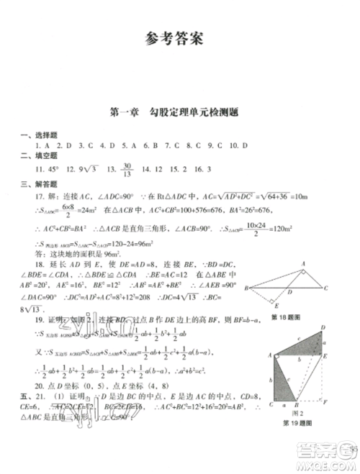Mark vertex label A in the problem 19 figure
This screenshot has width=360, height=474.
click(x=269, y=355)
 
